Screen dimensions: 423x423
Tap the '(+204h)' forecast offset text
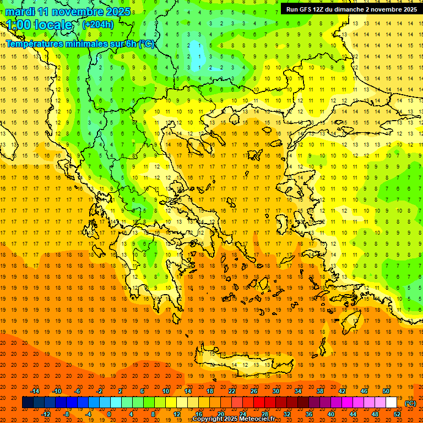[x=97, y=24]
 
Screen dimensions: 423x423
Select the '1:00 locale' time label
[x=39, y=25]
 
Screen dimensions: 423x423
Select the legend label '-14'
[x=35, y=391]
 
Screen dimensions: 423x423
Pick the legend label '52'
[x=397, y=414]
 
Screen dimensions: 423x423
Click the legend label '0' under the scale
[x=109, y=414]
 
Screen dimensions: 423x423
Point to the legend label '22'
[x=232, y=391]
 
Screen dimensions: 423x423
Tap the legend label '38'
[x=319, y=391]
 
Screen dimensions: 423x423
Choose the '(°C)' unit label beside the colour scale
[x=410, y=403]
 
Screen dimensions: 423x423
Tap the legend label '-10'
[x=57, y=391]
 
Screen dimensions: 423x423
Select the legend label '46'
[x=364, y=391]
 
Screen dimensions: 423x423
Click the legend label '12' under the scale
[x=177, y=414]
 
